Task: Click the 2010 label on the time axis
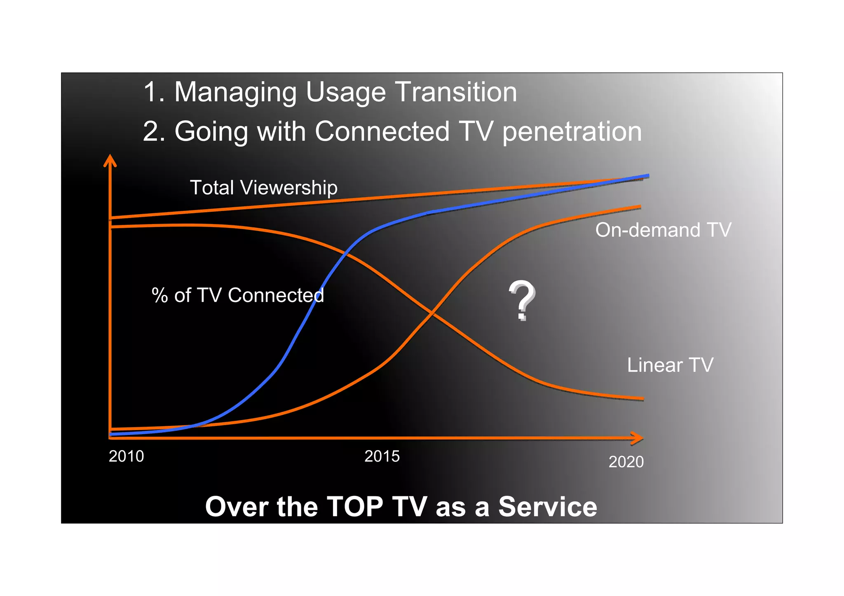click(x=126, y=456)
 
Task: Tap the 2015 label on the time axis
click(x=382, y=456)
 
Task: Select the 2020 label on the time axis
click(x=626, y=462)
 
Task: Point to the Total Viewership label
click(x=263, y=187)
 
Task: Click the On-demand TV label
click(x=663, y=230)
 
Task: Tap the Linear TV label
click(x=670, y=365)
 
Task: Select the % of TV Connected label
click(x=238, y=295)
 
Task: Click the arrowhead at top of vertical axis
click(x=110, y=160)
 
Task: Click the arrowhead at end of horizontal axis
click(x=638, y=438)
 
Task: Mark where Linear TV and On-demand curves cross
click(x=431, y=314)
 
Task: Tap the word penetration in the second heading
click(x=572, y=132)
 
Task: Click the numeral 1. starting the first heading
click(x=154, y=92)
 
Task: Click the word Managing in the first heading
click(x=235, y=93)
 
